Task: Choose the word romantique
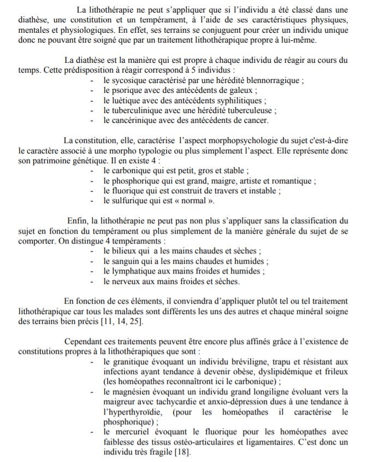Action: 294,180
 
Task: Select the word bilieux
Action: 127,251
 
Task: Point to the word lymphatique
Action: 136,271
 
